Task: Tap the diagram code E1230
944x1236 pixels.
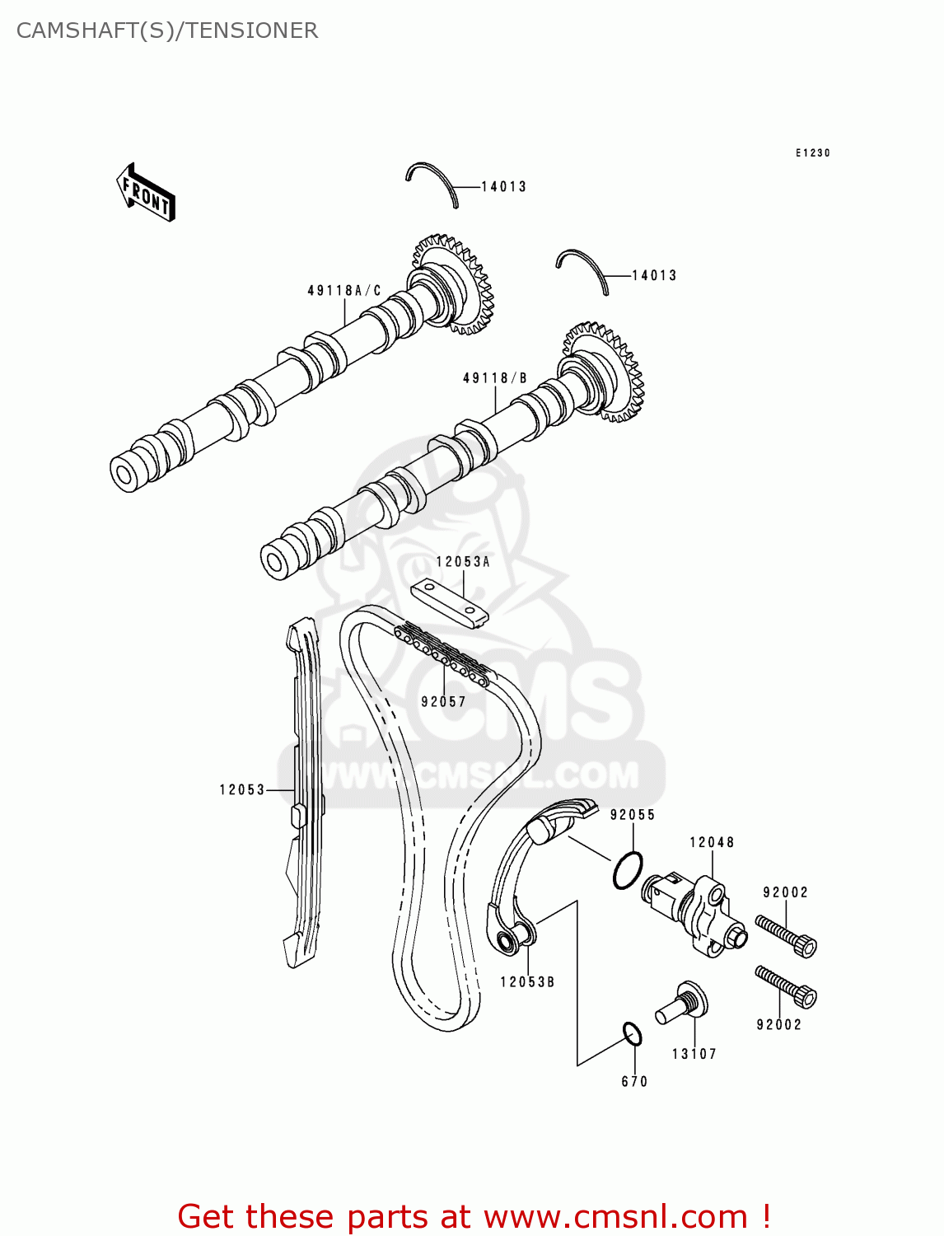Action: (x=812, y=153)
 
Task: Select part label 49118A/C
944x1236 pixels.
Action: (x=344, y=291)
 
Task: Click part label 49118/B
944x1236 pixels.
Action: (x=494, y=378)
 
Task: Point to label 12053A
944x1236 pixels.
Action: (x=462, y=562)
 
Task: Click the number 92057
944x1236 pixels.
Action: (x=443, y=702)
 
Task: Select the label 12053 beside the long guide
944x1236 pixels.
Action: (x=241, y=789)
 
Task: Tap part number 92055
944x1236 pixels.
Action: (x=632, y=815)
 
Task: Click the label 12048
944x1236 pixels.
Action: (x=712, y=842)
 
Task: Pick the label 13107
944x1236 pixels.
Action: (x=694, y=1054)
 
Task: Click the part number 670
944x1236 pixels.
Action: (x=634, y=1082)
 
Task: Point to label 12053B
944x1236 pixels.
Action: (x=526, y=982)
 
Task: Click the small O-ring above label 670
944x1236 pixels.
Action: (x=632, y=1033)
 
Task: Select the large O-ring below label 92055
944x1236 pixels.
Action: (x=628, y=871)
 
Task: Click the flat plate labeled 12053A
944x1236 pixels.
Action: (x=450, y=604)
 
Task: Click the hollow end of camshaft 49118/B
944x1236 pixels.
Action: (x=274, y=560)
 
